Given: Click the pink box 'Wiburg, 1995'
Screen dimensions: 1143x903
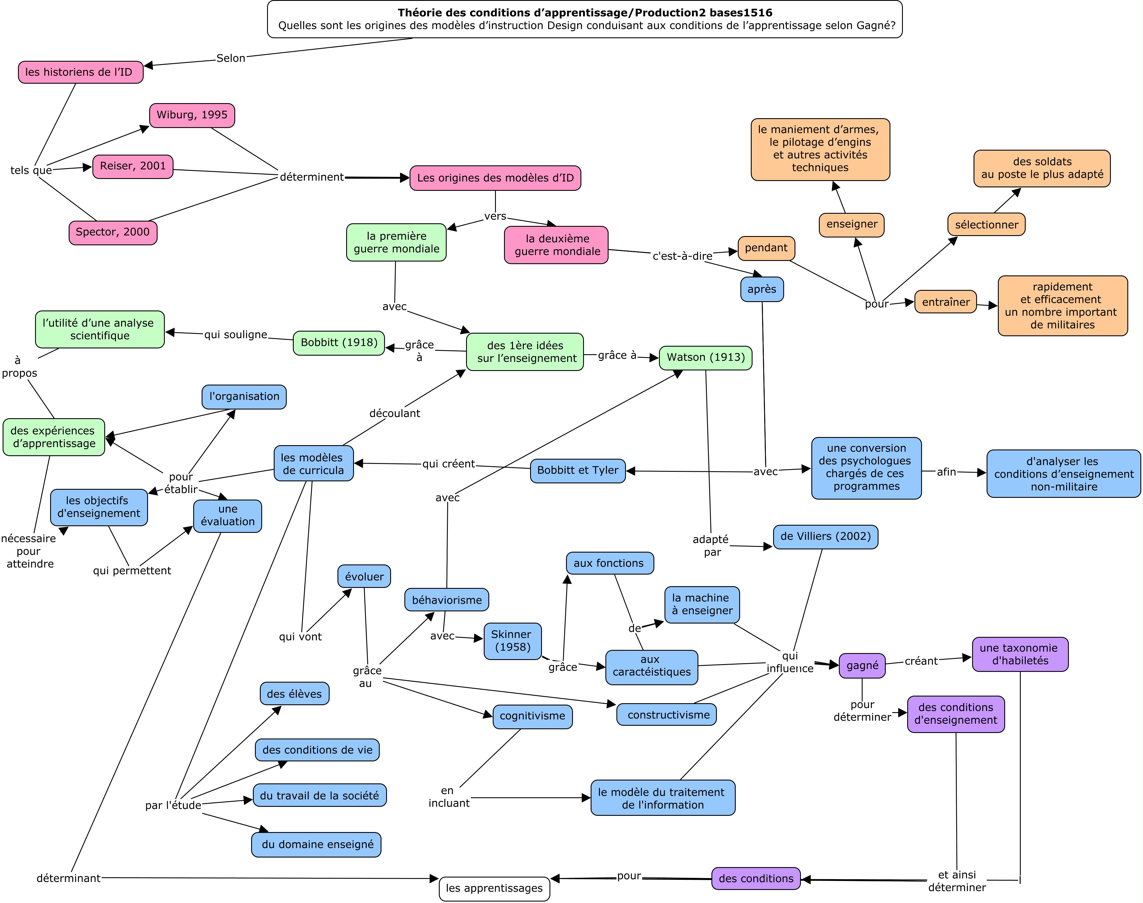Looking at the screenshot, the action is [x=192, y=115].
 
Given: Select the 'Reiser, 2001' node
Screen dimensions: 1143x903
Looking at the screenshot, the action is [x=133, y=167].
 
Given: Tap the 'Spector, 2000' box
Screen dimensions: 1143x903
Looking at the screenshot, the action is [x=113, y=233].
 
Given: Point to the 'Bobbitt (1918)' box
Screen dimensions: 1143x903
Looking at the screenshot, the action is [x=339, y=343].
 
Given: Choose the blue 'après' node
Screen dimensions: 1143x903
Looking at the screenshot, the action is [x=762, y=290].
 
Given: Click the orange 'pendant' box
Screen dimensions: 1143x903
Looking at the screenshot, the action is [x=766, y=248].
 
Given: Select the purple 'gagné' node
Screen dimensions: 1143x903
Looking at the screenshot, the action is [x=862, y=666].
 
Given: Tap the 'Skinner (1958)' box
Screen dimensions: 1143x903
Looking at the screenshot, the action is [x=512, y=641].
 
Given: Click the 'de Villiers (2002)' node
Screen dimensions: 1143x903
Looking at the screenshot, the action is [x=825, y=537].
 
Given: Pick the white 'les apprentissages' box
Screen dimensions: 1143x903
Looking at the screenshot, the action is [x=494, y=889].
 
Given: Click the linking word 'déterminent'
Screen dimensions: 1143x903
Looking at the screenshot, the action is [x=312, y=177].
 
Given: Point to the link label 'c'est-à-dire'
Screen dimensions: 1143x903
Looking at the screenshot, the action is [x=682, y=256].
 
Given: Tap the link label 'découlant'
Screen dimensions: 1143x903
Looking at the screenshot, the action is [x=395, y=414].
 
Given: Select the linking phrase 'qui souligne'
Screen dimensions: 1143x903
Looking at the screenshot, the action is [x=236, y=335].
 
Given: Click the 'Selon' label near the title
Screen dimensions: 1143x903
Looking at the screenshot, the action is [x=231, y=58].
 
